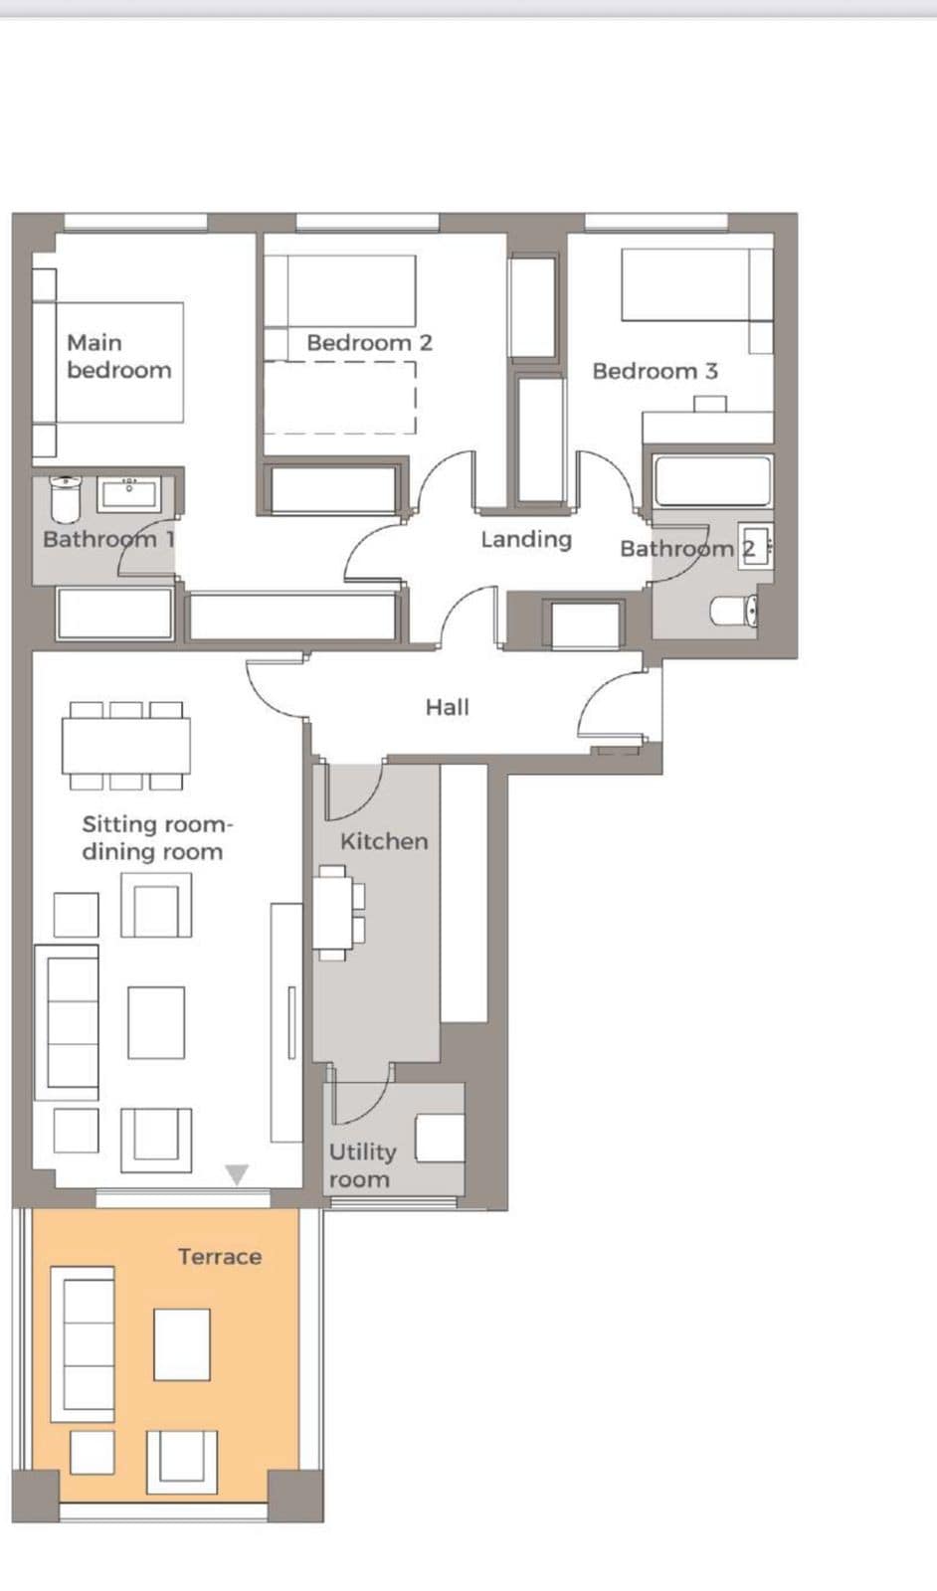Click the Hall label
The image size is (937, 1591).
point(448,707)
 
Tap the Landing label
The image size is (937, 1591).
point(525,539)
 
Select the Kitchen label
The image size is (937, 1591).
point(384,841)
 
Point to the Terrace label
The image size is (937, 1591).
point(220,1257)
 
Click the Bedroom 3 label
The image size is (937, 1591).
point(655,371)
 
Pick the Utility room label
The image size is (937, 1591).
point(362,1164)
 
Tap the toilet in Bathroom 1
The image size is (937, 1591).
point(66,498)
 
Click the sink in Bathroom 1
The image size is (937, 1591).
point(128,493)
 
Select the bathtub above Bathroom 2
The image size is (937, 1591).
point(712,481)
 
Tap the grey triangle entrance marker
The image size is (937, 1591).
point(237,1174)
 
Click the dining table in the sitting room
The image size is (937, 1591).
point(125,746)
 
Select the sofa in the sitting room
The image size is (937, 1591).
point(68,1022)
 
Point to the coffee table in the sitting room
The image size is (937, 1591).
point(156,1022)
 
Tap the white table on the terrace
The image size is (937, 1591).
point(182,1343)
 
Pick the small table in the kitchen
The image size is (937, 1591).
point(332,913)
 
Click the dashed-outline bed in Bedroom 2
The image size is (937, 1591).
point(339,398)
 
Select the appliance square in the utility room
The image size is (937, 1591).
point(440,1138)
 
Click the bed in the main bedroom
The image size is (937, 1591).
point(119,362)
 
